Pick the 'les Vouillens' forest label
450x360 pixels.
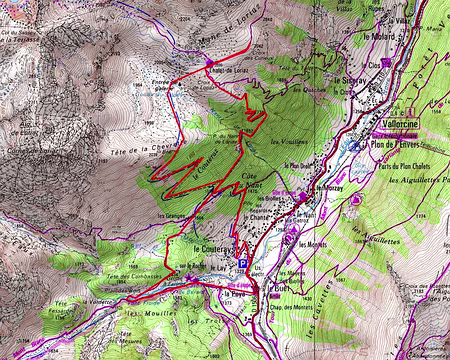(x=289, y=141)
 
